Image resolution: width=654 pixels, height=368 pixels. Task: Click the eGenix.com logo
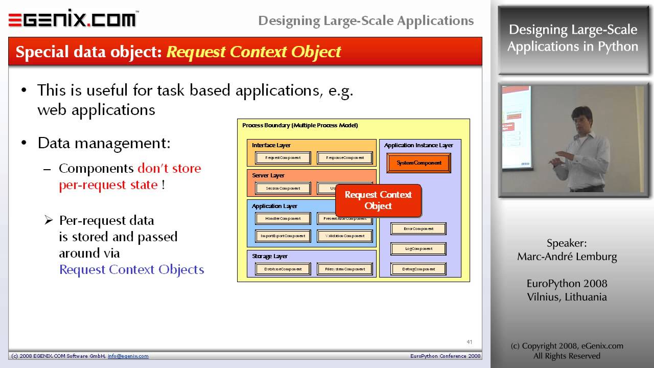pos(73,19)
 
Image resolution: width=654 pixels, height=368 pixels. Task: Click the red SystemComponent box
pos(418,163)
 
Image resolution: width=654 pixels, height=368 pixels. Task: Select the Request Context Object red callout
pos(378,200)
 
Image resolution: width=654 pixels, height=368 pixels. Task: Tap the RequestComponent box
pos(283,158)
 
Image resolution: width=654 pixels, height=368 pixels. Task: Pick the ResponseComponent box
pos(345,158)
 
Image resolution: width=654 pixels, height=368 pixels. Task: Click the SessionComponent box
pos(283,188)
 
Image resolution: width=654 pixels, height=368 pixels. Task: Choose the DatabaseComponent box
pos(283,269)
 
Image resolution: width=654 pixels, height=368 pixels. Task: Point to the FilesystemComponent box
pos(345,269)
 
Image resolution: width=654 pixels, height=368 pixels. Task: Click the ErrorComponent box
pos(418,228)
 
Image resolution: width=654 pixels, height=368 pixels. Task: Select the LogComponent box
pos(418,249)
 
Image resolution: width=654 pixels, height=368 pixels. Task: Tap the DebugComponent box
pos(418,269)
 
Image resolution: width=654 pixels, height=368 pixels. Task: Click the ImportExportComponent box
pos(283,236)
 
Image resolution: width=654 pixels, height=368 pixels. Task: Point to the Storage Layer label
pos(270,256)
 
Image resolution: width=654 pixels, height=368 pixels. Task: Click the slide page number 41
pos(470,342)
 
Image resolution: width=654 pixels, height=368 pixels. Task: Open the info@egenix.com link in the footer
pos(128,356)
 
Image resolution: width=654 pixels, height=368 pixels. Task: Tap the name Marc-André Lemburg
pos(567,257)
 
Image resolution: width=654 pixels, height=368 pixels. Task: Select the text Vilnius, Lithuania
pos(567,297)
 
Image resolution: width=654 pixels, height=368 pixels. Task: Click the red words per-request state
pos(108,185)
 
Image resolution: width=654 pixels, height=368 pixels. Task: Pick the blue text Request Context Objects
pos(132,270)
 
